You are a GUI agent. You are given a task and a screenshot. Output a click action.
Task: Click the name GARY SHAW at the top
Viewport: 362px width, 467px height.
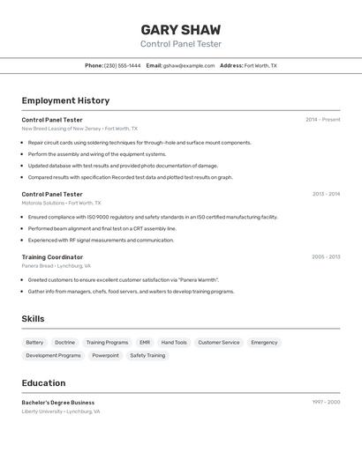(x=181, y=29)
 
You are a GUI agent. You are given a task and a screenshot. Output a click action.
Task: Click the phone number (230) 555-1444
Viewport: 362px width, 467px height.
(x=123, y=65)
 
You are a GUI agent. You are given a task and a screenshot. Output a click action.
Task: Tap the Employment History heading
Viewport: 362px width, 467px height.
(x=65, y=100)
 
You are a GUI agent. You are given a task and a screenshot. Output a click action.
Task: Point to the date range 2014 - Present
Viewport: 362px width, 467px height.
(x=322, y=120)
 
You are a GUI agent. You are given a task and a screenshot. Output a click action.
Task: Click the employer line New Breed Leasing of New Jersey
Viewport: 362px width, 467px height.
(x=62, y=129)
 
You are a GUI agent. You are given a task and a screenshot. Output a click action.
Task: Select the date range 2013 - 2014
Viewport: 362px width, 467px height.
(x=326, y=194)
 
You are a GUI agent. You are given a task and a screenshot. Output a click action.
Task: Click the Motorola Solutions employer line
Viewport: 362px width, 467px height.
(x=57, y=203)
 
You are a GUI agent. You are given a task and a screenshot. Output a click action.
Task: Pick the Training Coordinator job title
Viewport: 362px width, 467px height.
(x=52, y=257)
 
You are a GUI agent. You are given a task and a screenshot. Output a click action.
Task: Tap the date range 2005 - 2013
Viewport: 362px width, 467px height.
(x=326, y=257)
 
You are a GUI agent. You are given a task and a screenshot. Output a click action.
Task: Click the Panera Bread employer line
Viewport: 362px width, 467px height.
(x=57, y=265)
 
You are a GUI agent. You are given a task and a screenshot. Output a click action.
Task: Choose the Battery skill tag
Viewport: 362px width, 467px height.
(x=34, y=343)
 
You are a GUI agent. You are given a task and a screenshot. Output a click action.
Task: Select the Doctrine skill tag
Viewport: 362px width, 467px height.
(x=64, y=343)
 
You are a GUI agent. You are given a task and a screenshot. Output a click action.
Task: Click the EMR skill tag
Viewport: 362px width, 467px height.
(x=145, y=343)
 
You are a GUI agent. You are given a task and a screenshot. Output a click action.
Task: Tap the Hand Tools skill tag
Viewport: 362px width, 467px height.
(x=174, y=343)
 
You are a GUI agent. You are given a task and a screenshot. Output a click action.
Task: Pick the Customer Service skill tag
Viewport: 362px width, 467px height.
(x=218, y=343)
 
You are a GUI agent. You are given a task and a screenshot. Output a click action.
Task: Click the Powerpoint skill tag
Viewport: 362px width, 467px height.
(x=105, y=355)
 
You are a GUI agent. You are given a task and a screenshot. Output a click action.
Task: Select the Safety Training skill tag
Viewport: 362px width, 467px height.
(x=147, y=355)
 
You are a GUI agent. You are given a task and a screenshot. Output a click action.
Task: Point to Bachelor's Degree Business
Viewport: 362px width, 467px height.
(x=58, y=403)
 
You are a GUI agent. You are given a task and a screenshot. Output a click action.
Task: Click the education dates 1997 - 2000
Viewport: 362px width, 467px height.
(x=326, y=403)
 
